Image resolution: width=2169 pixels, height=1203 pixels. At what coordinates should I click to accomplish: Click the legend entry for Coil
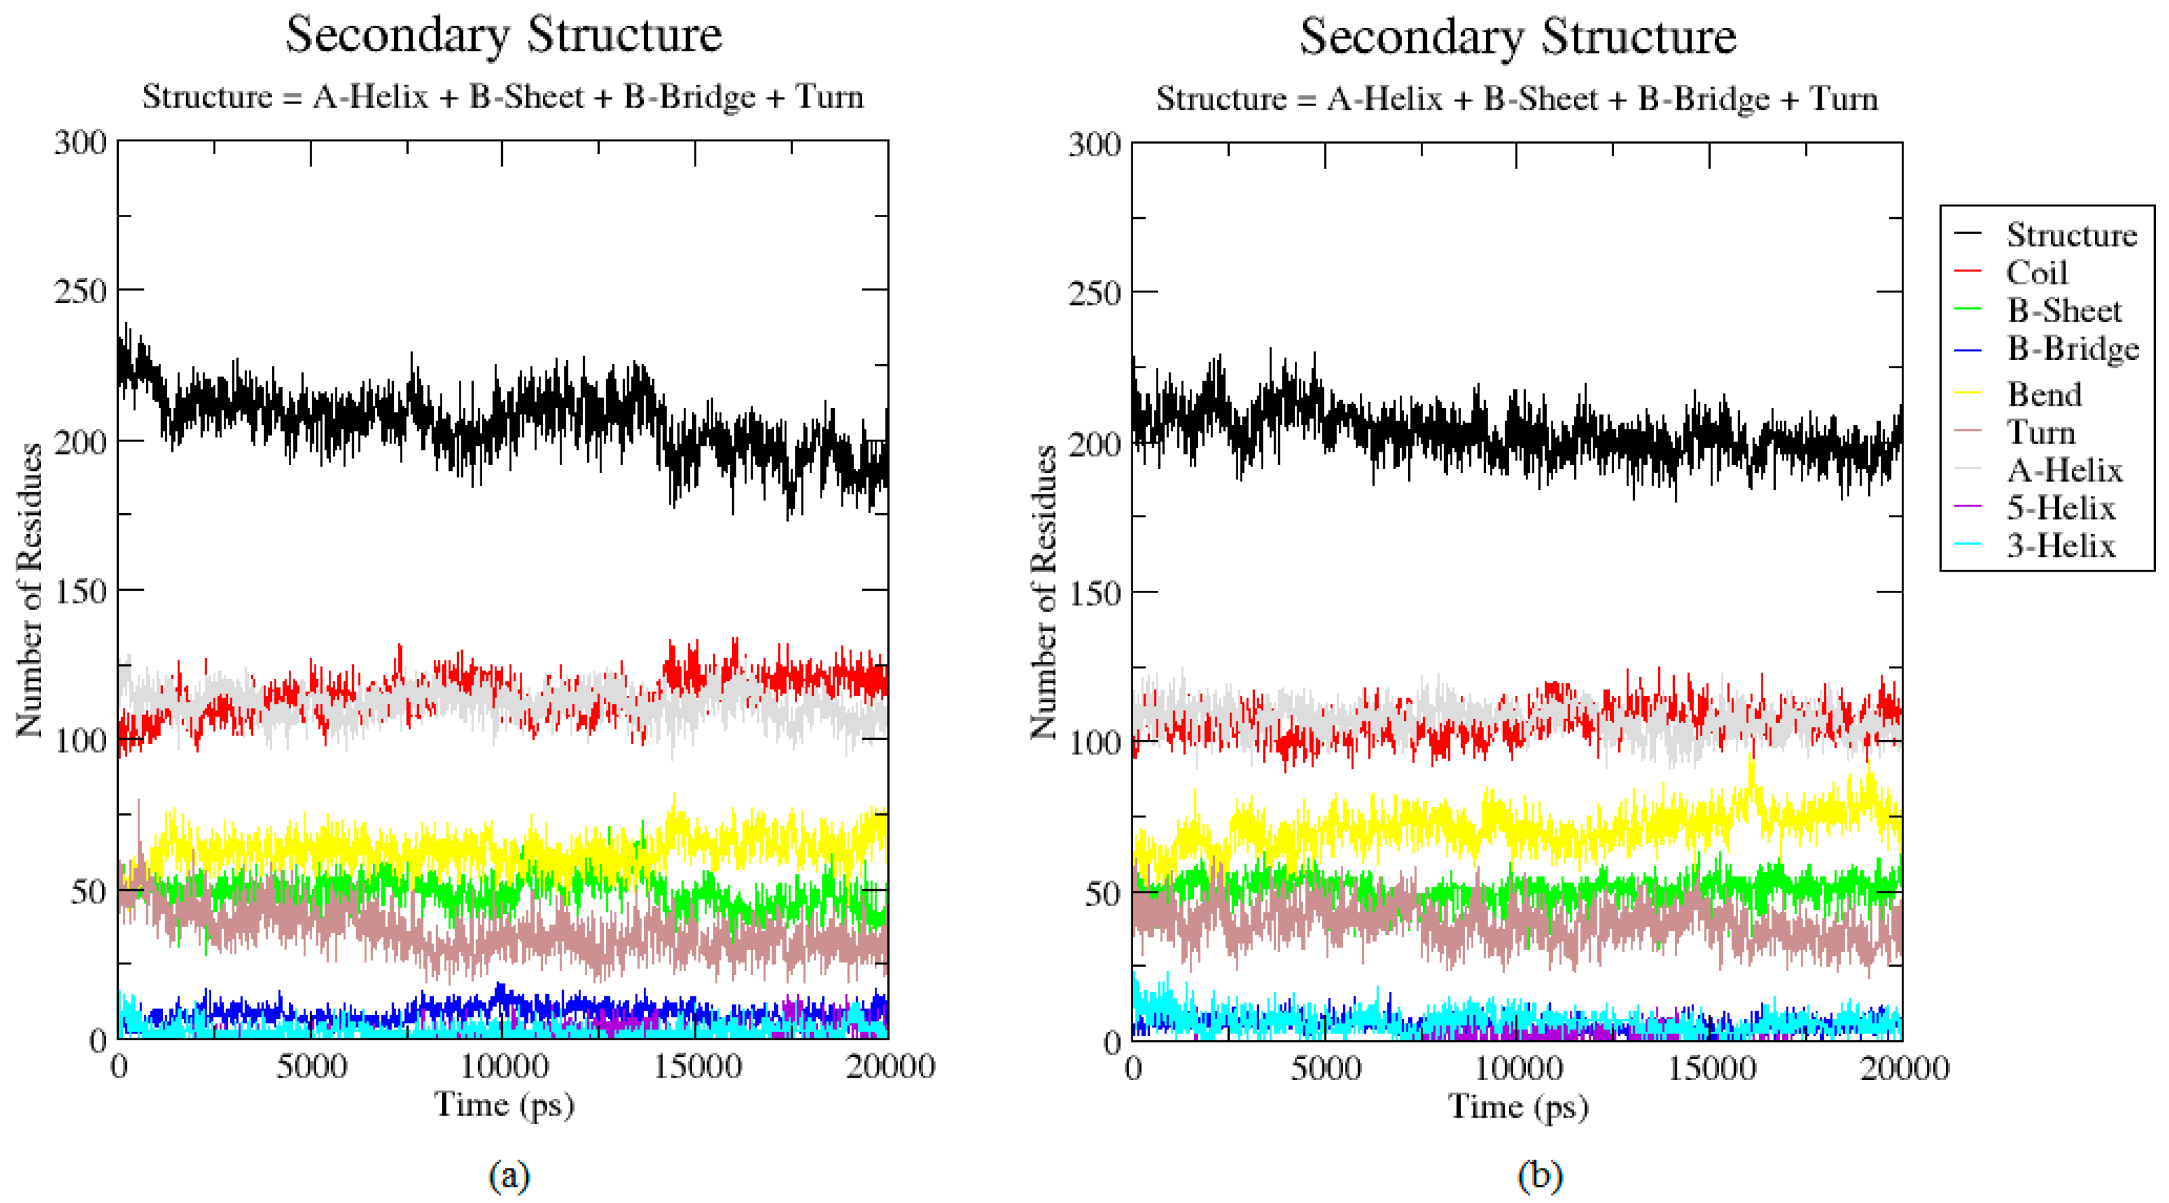coord(2036,272)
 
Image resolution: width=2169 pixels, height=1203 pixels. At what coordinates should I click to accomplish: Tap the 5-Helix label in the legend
coord(2060,508)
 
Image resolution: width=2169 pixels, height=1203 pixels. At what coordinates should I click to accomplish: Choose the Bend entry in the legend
coord(2044,394)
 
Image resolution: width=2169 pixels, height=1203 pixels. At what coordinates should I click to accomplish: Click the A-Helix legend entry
coord(2065,470)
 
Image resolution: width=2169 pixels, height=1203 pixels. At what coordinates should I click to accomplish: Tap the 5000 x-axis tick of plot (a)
coord(311,1066)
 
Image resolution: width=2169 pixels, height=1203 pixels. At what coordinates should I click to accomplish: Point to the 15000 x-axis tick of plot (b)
coord(1711,1068)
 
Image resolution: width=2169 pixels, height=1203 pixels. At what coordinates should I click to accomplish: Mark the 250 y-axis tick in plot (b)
coord(1094,294)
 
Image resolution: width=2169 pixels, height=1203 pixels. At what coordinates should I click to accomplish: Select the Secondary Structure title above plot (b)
coord(1517,37)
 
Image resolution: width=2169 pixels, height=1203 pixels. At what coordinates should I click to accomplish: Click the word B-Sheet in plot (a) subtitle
coord(526,97)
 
